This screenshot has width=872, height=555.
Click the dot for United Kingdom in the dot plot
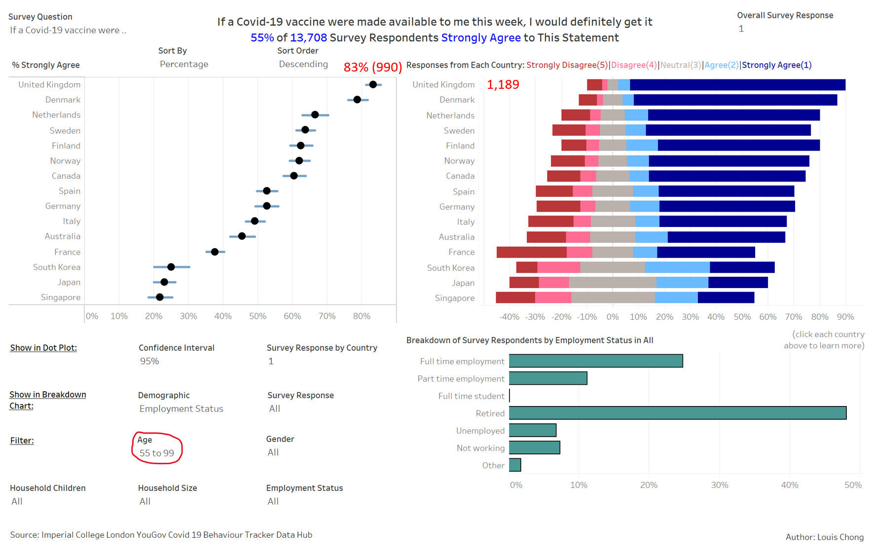pos(373,85)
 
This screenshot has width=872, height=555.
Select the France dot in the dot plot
pos(215,252)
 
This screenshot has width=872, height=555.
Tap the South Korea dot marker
pos(171,267)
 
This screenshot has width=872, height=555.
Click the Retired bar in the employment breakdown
pos(677,413)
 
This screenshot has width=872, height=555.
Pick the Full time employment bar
pos(595,361)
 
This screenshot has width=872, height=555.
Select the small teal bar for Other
pos(515,465)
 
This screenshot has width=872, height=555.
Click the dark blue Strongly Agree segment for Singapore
pos(726,297)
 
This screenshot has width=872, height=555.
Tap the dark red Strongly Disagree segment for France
pos(531,252)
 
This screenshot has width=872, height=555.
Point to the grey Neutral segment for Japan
pos(612,283)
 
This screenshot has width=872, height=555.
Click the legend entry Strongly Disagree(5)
pos(567,65)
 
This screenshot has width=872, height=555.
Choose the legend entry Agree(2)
pos(721,65)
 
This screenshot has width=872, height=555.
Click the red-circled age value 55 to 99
pos(156,453)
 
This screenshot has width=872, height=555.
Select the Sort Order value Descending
pos(303,64)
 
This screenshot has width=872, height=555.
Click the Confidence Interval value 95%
pos(149,361)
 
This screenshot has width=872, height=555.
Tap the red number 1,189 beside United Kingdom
pos(503,85)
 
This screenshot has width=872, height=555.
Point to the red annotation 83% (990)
pos(372,67)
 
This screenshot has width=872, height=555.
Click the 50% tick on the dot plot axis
pos(257,316)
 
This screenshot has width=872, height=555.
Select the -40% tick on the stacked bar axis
pos(509,317)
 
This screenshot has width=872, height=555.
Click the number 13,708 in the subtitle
pos(308,38)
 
